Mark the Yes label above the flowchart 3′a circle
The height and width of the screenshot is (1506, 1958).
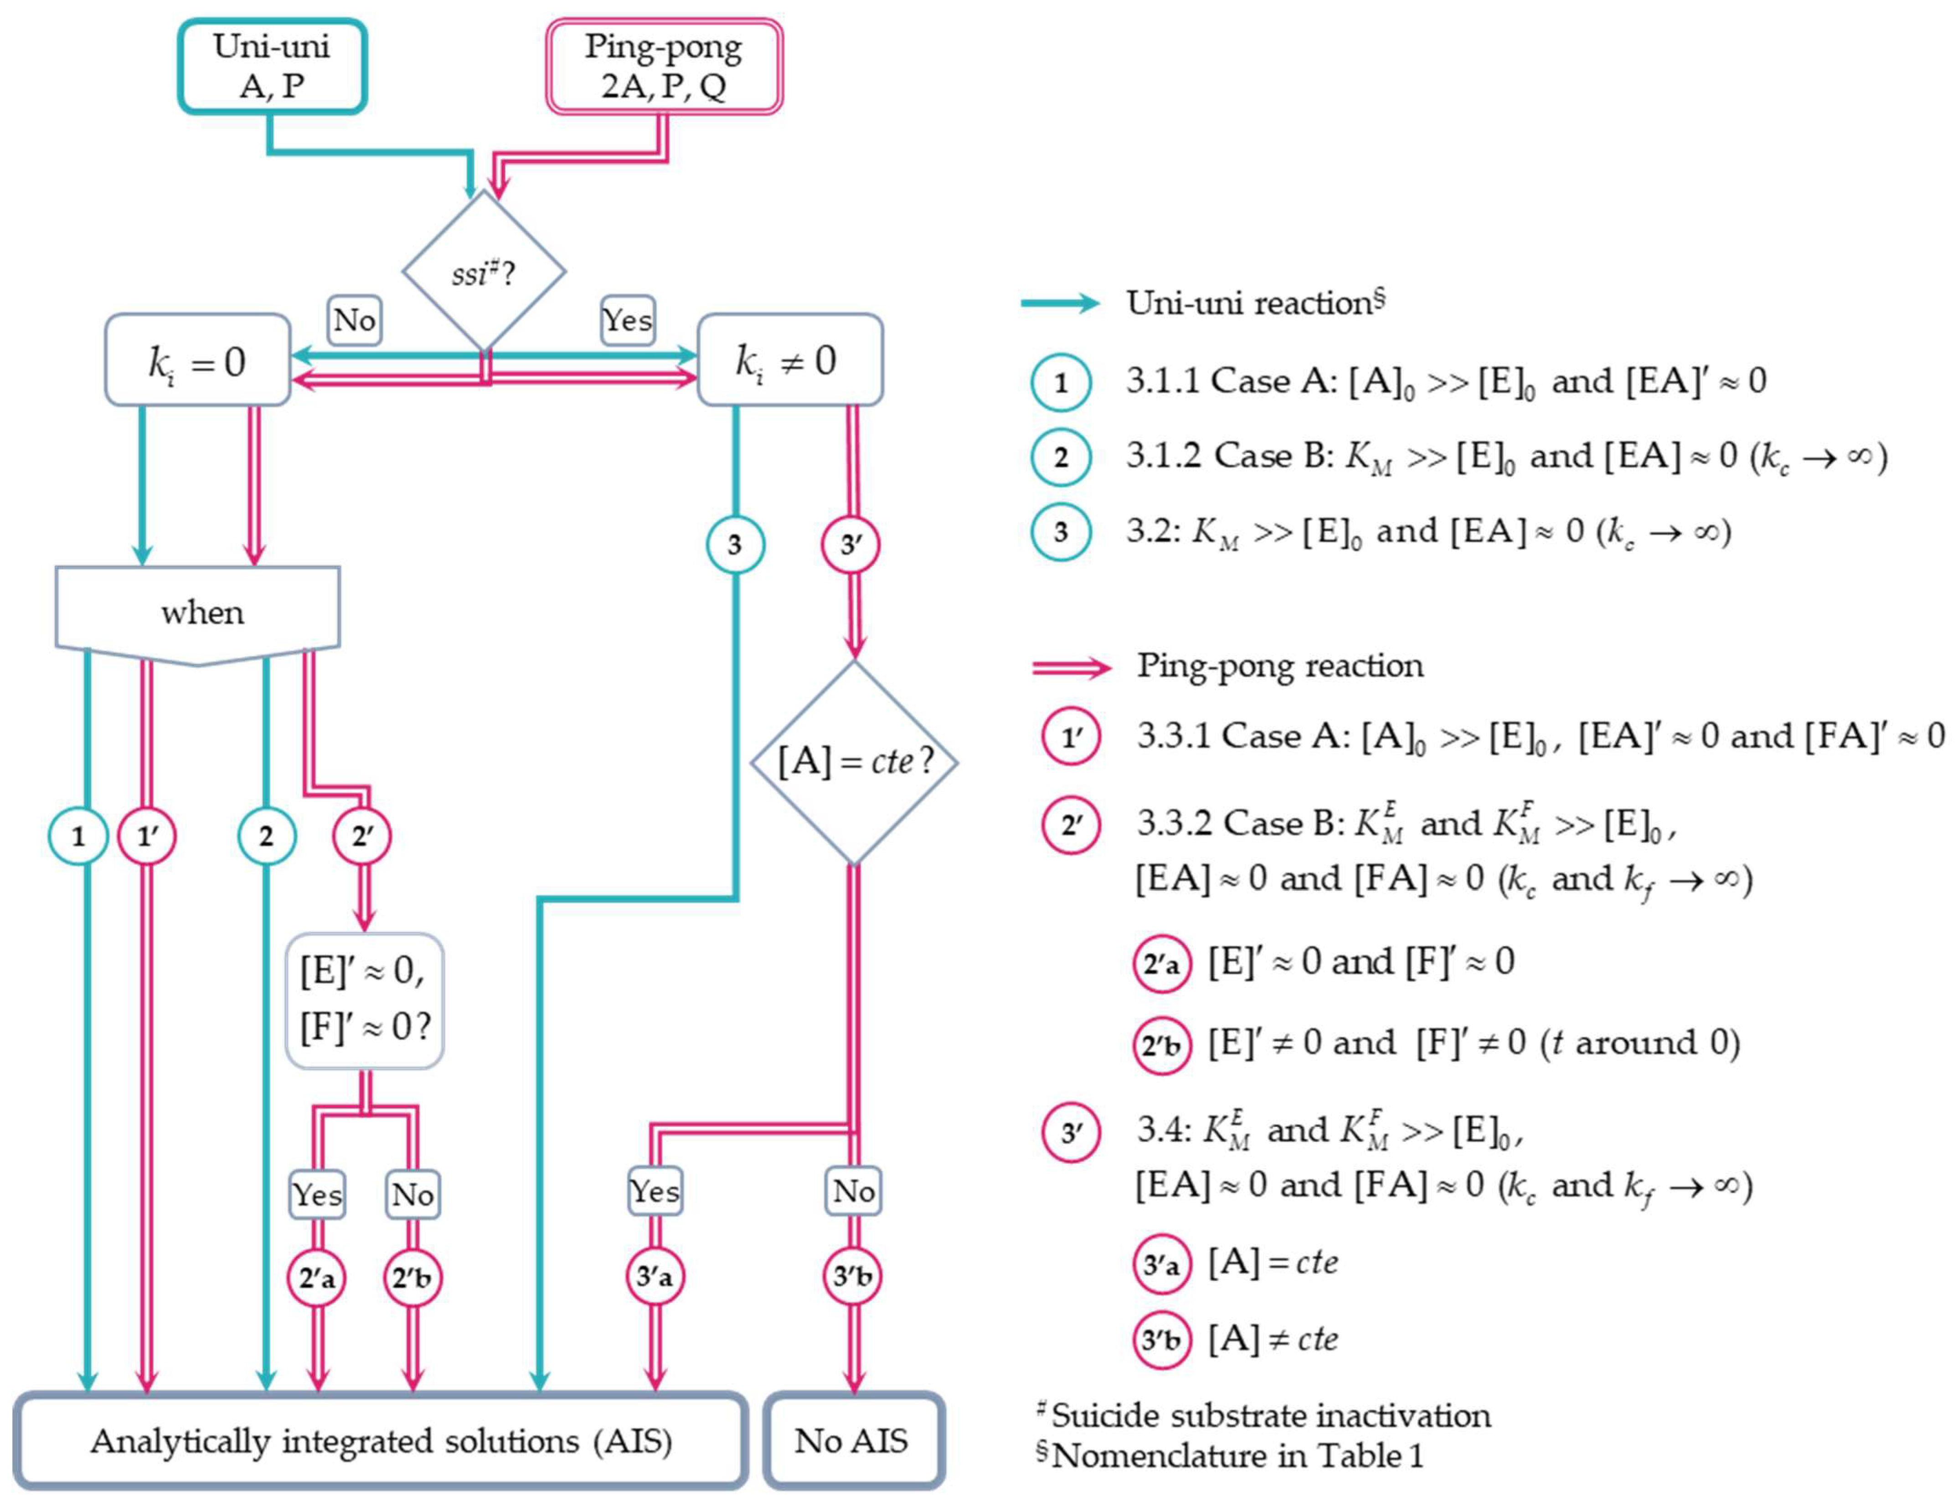(x=655, y=1191)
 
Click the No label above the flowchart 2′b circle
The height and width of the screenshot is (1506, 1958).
(x=412, y=1194)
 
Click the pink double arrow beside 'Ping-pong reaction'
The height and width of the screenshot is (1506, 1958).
(x=1071, y=667)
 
